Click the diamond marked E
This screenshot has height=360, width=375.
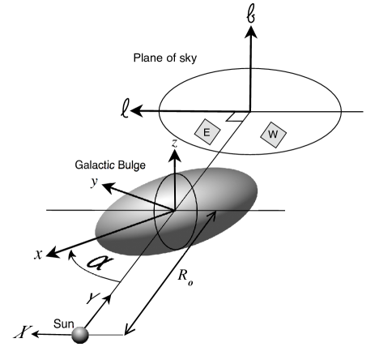coord(207,131)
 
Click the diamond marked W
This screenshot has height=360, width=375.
coord(274,134)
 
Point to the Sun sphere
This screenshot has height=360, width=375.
coord(79,334)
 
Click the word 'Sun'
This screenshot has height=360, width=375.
coord(64,321)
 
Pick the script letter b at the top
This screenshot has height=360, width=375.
coord(251,11)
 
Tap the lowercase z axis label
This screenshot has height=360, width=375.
coord(173,144)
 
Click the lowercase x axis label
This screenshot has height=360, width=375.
coord(37,254)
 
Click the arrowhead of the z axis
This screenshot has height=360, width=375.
coord(175,156)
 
